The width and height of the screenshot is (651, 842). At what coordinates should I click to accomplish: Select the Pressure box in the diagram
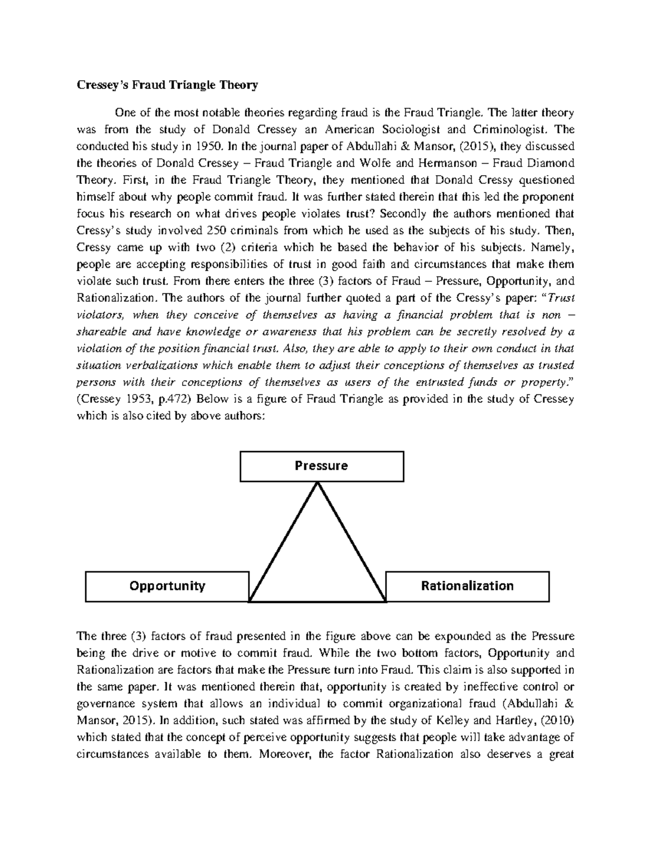click(322, 466)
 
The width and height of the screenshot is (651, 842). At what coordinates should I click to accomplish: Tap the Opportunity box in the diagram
click(167, 586)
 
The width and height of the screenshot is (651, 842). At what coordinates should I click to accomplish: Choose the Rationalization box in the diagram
click(467, 586)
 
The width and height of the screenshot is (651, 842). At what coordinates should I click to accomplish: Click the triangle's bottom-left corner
click(250, 601)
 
